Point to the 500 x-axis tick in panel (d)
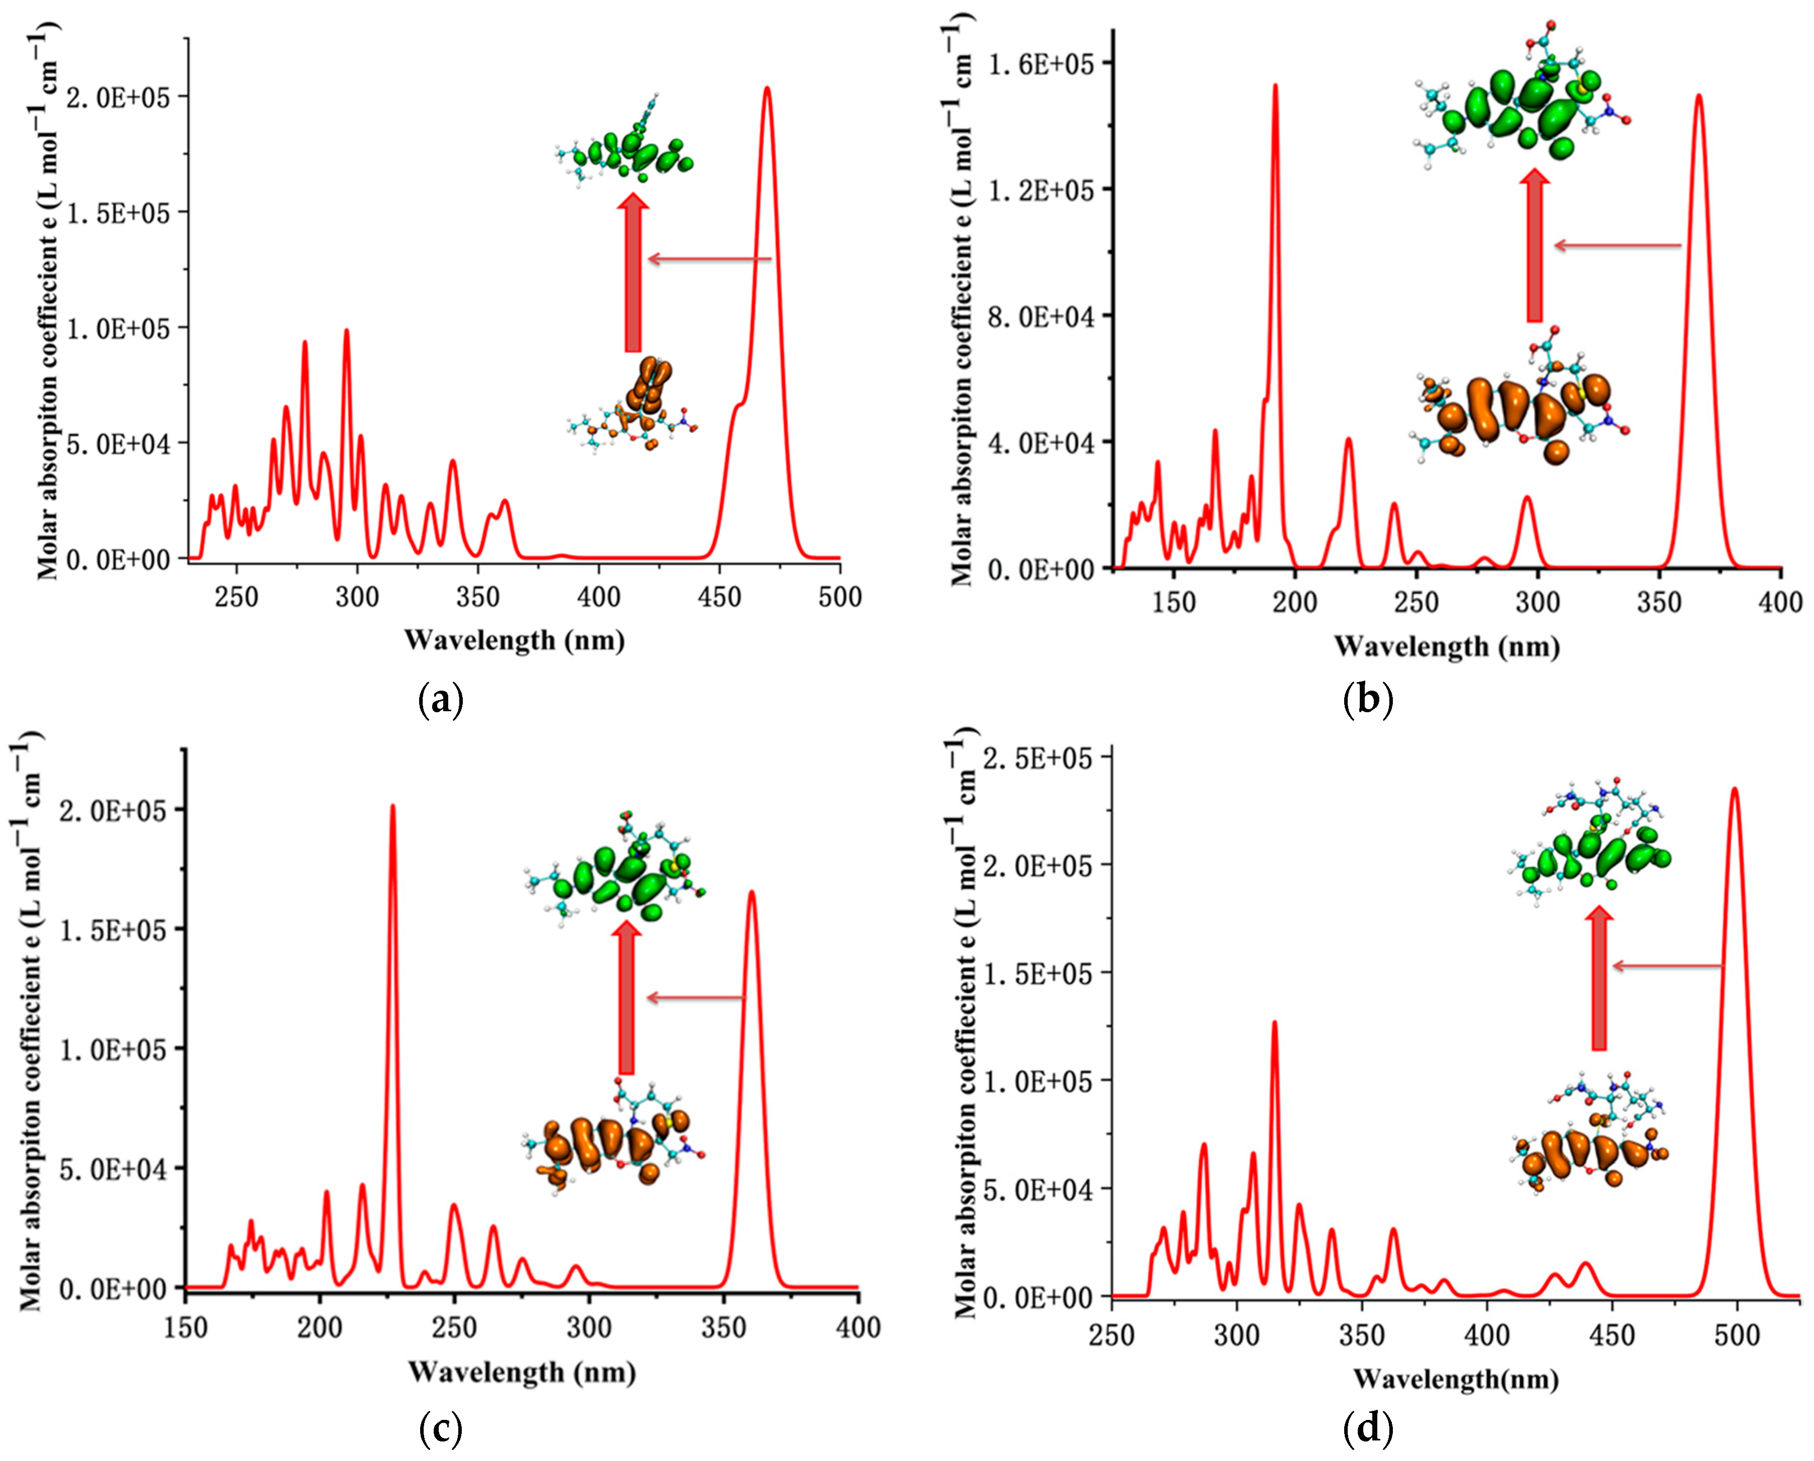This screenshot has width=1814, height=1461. pyautogui.click(x=1737, y=1336)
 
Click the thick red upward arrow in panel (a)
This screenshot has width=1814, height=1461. pyautogui.click(x=633, y=274)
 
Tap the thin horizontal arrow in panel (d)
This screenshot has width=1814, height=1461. pyautogui.click(x=1667, y=966)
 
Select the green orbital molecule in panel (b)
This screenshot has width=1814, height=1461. pyautogui.click(x=1519, y=109)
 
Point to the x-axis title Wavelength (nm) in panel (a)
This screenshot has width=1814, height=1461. pyautogui.click(x=514, y=641)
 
